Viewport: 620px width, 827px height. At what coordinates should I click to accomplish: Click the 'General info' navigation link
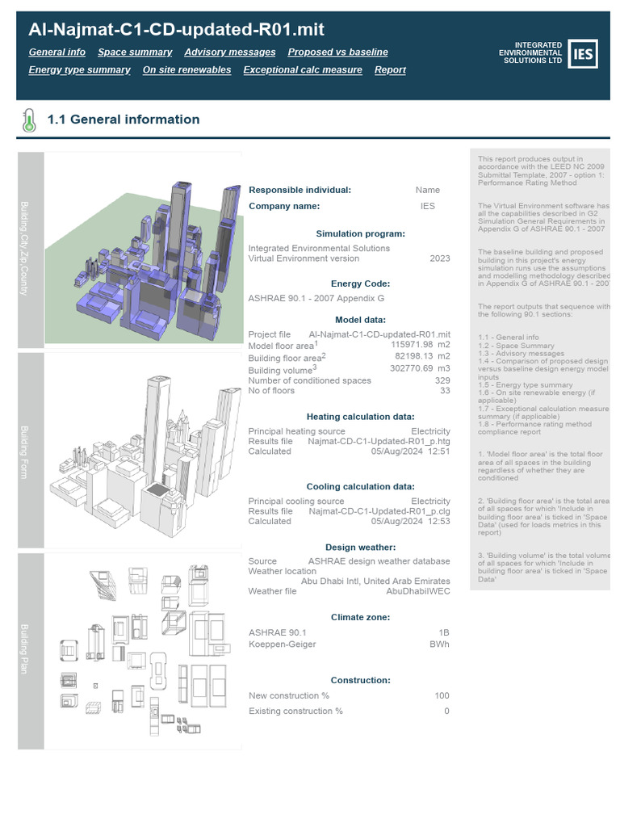click(57, 52)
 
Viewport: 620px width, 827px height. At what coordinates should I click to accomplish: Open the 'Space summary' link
click(135, 52)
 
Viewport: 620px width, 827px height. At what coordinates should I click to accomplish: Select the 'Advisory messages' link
click(229, 52)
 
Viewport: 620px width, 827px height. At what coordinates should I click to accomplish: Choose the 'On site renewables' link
click(186, 69)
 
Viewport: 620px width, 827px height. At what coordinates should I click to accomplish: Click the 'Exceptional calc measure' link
click(302, 69)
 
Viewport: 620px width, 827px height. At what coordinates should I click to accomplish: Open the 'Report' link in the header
click(390, 69)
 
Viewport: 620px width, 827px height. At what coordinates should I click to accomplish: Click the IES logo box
click(583, 53)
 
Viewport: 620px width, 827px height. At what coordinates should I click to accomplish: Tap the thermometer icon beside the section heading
click(29, 120)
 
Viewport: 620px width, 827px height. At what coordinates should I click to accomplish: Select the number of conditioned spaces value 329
click(442, 380)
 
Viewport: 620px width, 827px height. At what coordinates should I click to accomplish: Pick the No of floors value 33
click(445, 391)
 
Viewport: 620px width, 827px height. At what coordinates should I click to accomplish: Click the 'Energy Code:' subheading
click(349, 283)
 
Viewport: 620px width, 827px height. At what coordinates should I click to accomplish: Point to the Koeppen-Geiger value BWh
click(439, 644)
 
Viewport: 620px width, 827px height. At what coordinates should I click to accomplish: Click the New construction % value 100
click(442, 695)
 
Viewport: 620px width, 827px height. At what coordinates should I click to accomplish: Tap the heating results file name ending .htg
click(379, 442)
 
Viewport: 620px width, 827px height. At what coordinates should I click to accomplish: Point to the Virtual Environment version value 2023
click(440, 258)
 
